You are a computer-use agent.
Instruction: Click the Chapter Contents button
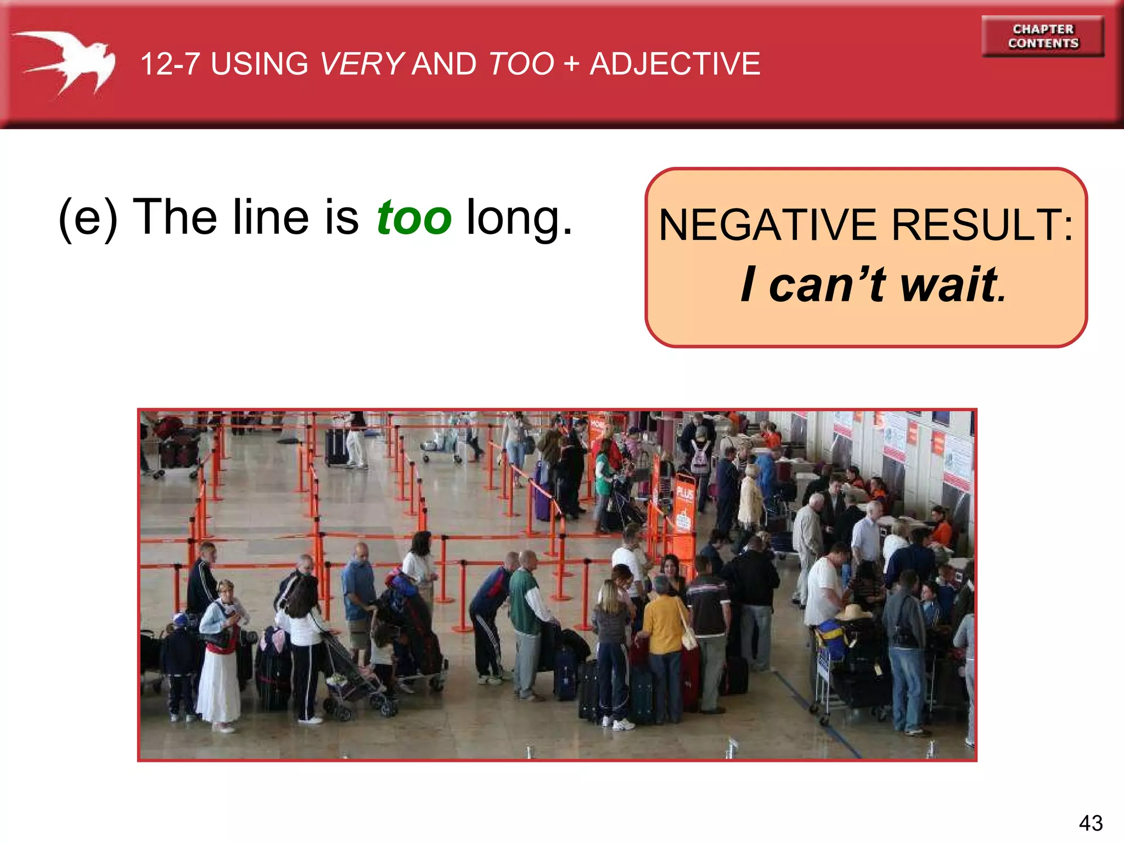(1043, 36)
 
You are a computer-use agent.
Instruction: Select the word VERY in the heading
(362, 64)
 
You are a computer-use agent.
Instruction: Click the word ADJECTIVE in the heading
(675, 64)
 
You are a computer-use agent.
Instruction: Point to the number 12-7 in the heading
(170, 64)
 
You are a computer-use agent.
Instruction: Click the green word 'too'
(414, 217)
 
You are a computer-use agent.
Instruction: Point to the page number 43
(1091, 823)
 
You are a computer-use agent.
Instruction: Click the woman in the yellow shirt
(665, 626)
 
